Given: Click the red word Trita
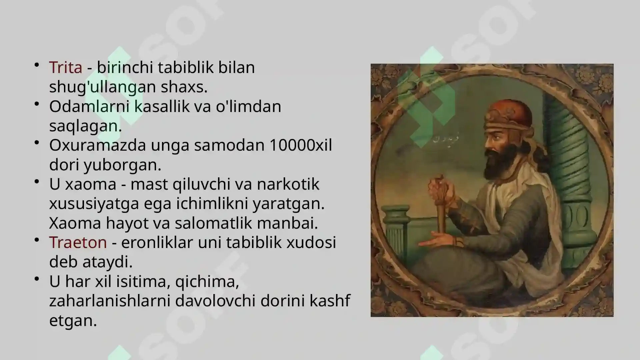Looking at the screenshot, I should click(x=66, y=67).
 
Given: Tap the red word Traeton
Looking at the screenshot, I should click(x=78, y=242).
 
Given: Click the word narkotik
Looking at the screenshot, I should click(x=288, y=184).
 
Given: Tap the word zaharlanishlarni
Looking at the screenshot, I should click(x=110, y=301).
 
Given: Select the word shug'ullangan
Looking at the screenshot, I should click(x=102, y=87).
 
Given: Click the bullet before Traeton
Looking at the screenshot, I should click(x=37, y=240).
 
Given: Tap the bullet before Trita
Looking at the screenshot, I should click(x=37, y=65).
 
